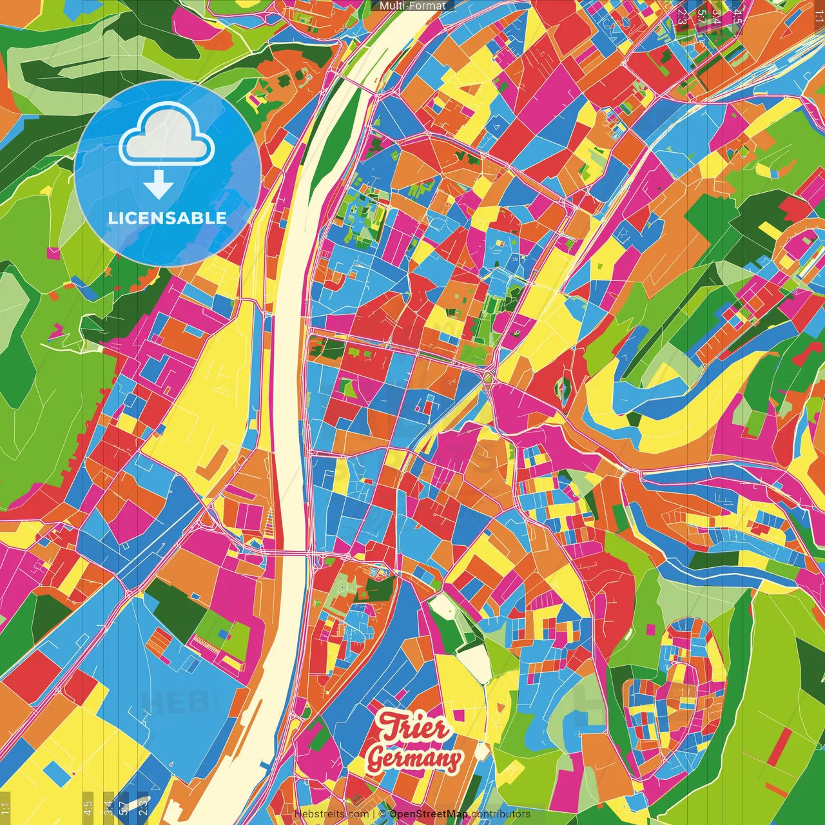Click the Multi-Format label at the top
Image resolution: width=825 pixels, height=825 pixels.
click(x=412, y=6)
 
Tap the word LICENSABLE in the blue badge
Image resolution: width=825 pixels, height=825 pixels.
click(x=167, y=218)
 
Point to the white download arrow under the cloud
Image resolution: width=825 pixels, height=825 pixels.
click(x=158, y=185)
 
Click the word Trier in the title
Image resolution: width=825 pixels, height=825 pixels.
click(x=413, y=728)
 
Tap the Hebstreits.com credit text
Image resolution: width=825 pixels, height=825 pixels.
click(x=331, y=814)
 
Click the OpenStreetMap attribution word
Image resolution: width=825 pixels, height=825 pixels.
click(x=428, y=814)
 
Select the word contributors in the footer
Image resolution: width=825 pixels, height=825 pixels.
click(x=500, y=814)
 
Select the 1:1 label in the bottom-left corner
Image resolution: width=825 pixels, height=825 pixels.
click(x=6, y=808)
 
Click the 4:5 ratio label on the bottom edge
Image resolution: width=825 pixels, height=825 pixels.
click(x=88, y=807)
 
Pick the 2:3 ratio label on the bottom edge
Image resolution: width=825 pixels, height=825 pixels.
click(x=143, y=807)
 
